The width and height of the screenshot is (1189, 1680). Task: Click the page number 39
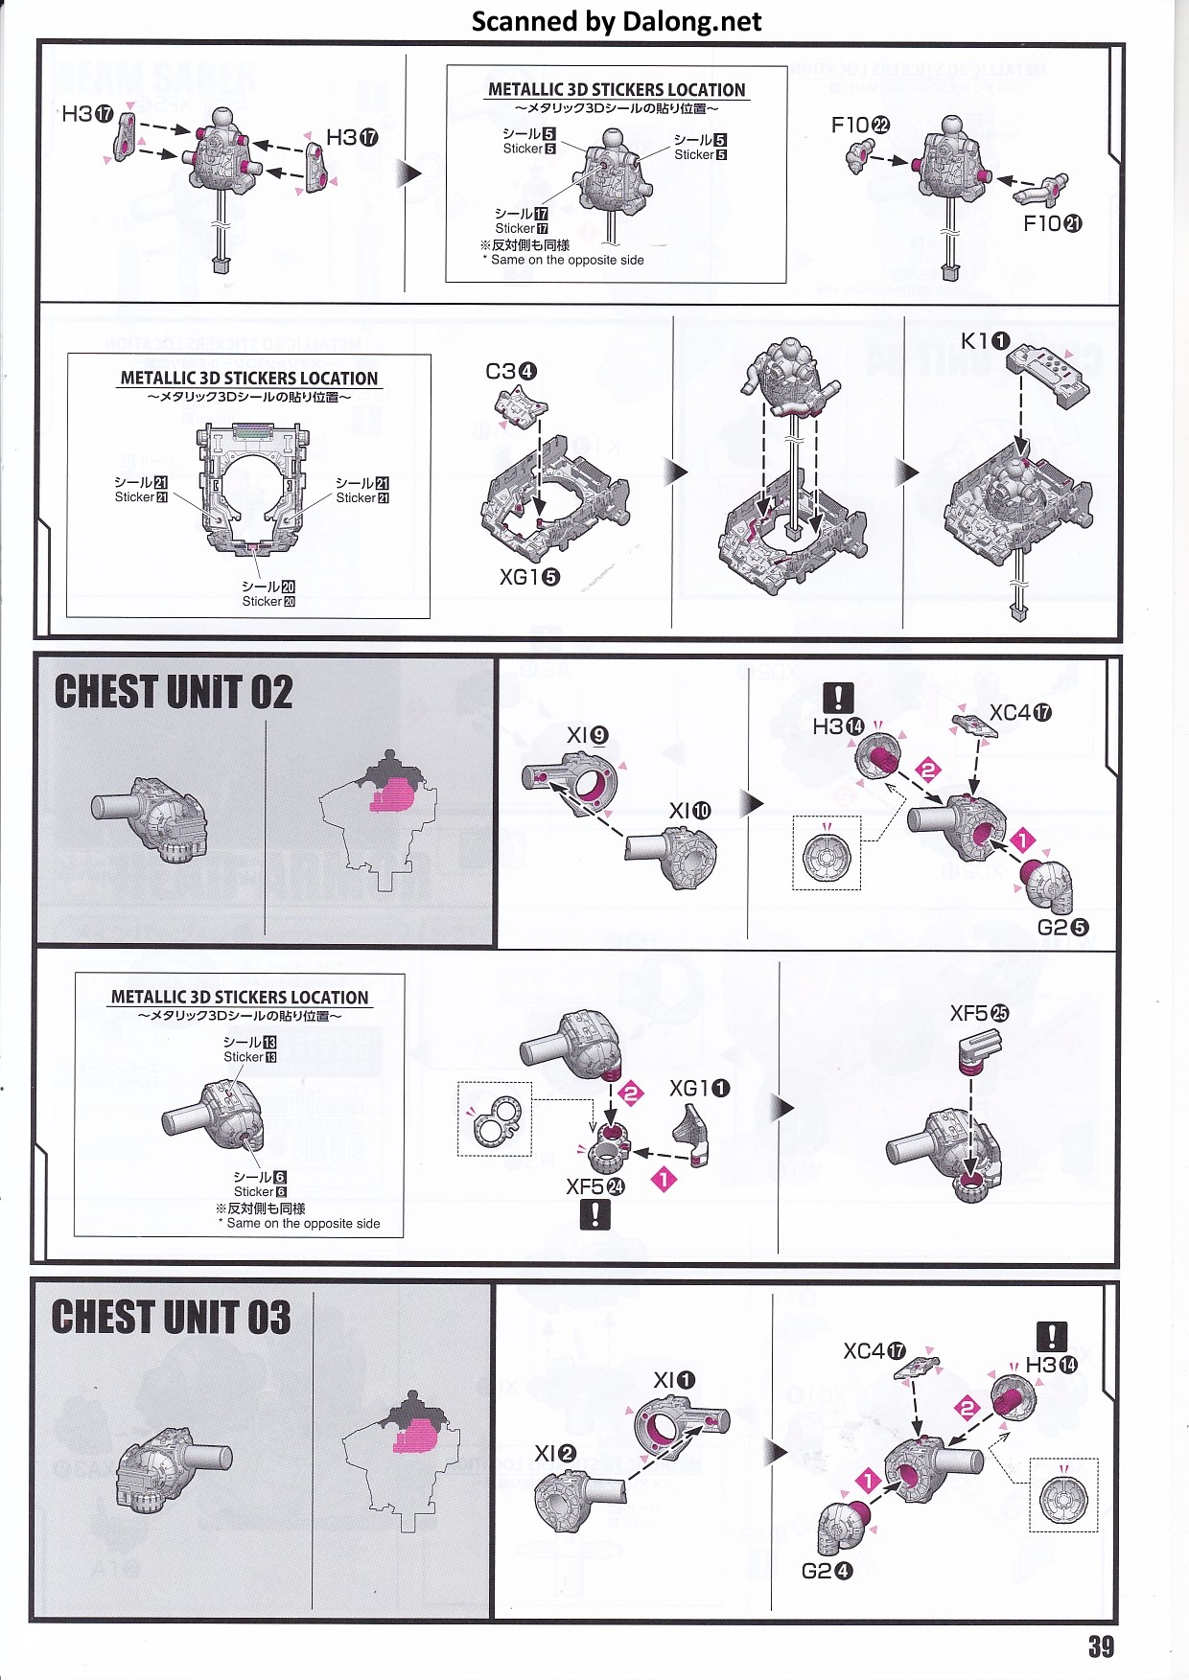[x=1101, y=1646]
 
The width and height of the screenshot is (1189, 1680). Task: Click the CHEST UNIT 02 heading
[x=174, y=692]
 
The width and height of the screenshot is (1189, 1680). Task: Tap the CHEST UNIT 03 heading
[x=171, y=1317]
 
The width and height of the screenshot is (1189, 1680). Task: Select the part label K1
[x=985, y=341]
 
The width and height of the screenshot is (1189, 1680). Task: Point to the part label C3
[x=511, y=371]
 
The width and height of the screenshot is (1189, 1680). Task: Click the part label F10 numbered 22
[x=860, y=125]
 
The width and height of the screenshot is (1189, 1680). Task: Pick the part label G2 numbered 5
[x=1063, y=927]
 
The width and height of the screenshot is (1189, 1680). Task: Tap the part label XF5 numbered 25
[x=979, y=1013]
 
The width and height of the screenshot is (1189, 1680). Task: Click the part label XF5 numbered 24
[x=595, y=1186]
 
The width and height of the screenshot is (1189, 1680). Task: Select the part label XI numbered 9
[x=587, y=735]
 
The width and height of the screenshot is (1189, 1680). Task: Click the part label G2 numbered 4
[x=827, y=1571]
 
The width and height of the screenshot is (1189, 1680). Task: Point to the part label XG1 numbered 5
[x=529, y=577]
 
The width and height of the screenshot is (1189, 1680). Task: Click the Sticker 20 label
[x=268, y=601]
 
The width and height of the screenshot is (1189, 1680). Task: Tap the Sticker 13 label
[x=250, y=1056]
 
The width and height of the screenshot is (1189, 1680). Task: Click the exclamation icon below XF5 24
[x=594, y=1214]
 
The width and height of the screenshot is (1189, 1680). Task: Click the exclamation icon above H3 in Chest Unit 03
[x=1052, y=1336]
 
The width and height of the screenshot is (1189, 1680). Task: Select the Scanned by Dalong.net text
[x=617, y=21]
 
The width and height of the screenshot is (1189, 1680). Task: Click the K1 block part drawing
[x=1053, y=372]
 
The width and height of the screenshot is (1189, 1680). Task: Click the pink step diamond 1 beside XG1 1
[x=664, y=1179]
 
